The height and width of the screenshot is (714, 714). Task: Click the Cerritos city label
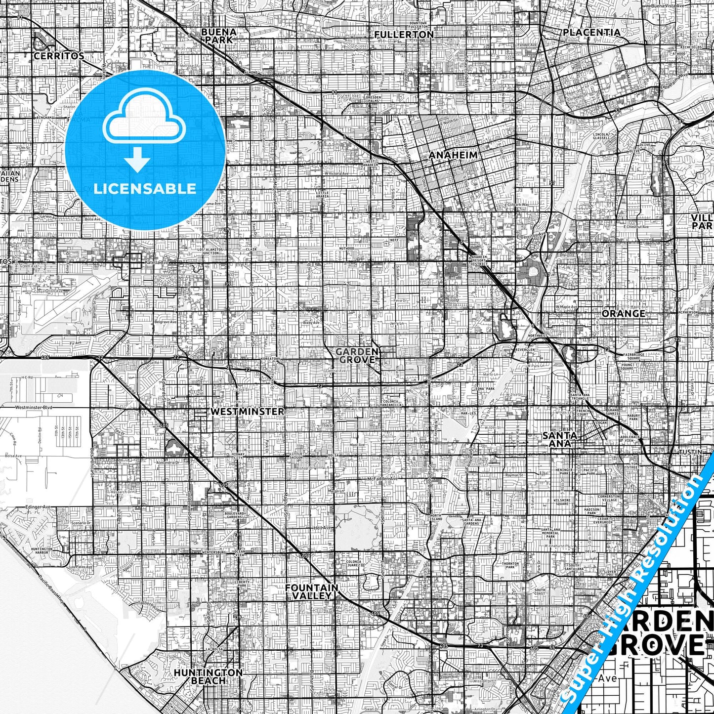(x=59, y=56)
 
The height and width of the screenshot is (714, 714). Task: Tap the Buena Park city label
(x=218, y=36)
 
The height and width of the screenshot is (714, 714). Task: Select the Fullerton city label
(x=404, y=35)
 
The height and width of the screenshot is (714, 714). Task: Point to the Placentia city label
(x=591, y=32)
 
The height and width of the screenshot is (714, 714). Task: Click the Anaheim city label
(x=453, y=155)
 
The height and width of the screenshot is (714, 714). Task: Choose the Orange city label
(x=624, y=314)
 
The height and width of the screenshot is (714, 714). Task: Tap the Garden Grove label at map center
(x=357, y=356)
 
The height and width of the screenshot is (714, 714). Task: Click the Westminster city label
(x=247, y=411)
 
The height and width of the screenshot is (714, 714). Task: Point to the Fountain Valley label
(x=312, y=591)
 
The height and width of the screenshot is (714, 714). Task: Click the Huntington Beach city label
(x=208, y=676)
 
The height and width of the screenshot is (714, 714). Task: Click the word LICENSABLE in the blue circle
(x=145, y=188)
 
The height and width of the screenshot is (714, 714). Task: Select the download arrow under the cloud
(x=138, y=161)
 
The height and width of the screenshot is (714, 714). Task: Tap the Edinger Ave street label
(x=38, y=507)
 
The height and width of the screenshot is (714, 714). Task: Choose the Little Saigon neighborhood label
(x=296, y=456)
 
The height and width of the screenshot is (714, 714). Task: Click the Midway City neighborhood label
(x=238, y=456)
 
